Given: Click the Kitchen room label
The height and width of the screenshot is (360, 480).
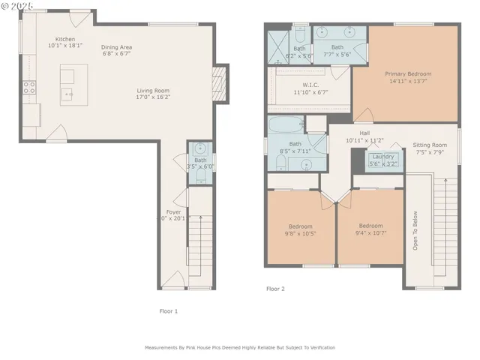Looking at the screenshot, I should click(x=64, y=39).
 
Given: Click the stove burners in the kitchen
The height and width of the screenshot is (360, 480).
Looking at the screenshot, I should click(x=30, y=88).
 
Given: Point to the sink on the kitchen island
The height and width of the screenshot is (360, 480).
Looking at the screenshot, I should click(x=67, y=93).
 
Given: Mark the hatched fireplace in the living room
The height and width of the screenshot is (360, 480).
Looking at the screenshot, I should click(x=220, y=78).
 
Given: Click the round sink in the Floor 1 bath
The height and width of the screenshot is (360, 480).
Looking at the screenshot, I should click(x=200, y=148).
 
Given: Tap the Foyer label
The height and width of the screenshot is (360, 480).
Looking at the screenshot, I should click(x=173, y=212).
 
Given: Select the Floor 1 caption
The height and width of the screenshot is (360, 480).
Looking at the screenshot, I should click(x=169, y=310).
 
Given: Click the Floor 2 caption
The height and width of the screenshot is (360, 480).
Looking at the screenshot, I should click(x=275, y=288).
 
